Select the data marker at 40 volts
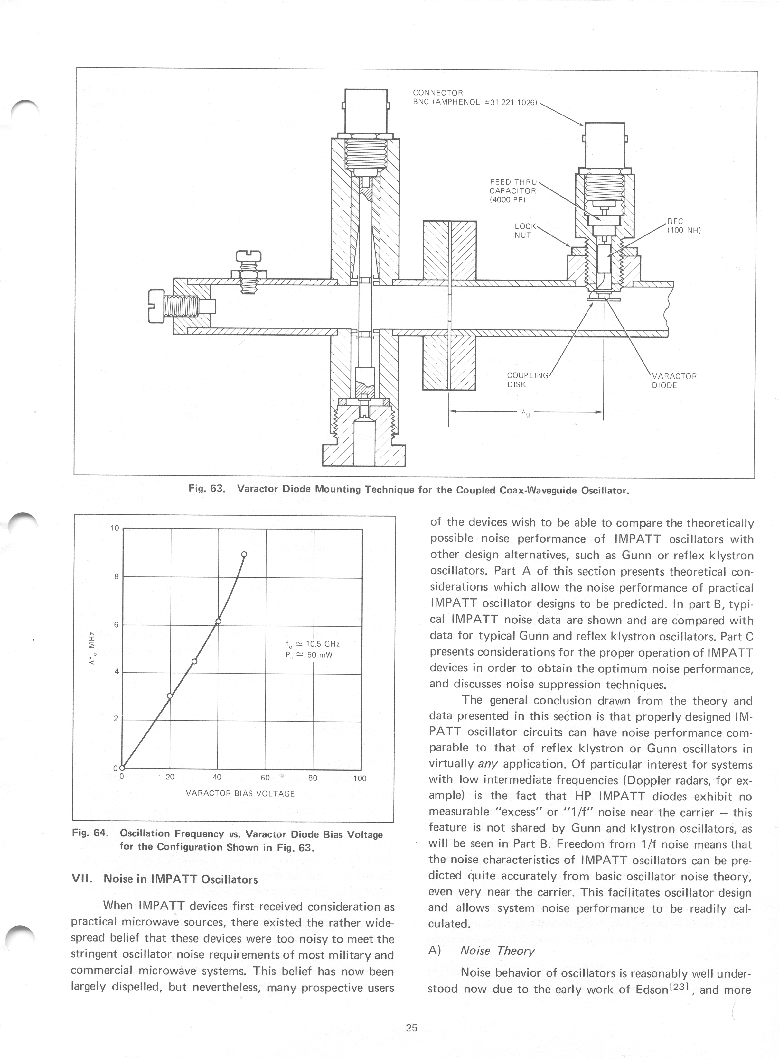click(218, 621)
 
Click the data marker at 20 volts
click(170, 695)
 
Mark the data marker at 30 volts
click(194, 661)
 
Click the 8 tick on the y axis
click(116, 576)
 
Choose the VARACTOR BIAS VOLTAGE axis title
click(240, 794)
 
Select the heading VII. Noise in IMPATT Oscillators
click(164, 879)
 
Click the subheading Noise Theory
click(497, 951)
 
